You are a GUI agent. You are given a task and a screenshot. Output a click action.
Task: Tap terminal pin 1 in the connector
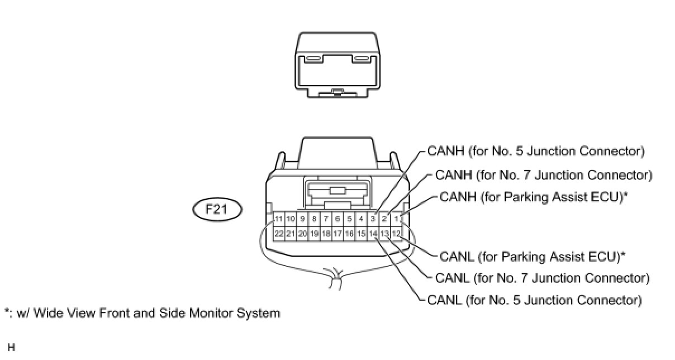396,219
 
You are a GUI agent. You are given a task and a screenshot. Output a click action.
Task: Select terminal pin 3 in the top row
373,219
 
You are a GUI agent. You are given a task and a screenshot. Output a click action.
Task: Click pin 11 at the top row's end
279,219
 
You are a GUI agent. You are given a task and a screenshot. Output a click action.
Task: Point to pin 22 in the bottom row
279,233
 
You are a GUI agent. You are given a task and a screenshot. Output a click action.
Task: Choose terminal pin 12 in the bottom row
396,233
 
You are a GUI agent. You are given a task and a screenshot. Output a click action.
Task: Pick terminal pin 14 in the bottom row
373,233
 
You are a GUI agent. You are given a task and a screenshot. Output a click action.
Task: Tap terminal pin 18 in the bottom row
326,233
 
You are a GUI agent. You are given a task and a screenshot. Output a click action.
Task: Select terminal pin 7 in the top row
326,219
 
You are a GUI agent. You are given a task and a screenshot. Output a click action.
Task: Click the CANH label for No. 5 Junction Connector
536,151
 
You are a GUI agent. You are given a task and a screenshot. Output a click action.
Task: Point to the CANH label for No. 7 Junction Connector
543,175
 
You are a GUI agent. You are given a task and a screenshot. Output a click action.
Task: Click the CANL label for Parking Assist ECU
532,257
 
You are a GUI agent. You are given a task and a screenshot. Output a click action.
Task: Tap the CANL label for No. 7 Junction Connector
542,278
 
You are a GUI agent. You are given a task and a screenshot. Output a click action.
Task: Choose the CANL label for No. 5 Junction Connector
534,300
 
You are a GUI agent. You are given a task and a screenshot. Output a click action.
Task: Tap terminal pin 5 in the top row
349,219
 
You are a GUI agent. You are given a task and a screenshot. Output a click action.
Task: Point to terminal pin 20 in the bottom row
302,233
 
